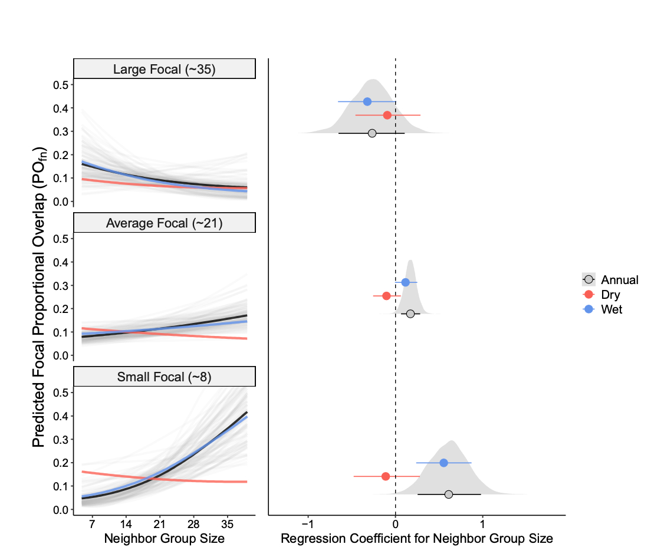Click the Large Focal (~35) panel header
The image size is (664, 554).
(165, 70)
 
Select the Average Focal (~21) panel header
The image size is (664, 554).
(165, 223)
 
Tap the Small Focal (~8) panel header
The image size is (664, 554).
(165, 377)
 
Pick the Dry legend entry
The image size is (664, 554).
(610, 295)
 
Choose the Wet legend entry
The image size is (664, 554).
(611, 309)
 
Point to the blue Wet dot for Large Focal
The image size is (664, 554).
(367, 101)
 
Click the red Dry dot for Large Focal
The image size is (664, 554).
(387, 115)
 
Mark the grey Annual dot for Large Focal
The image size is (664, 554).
(372, 133)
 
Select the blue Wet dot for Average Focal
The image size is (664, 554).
(405, 282)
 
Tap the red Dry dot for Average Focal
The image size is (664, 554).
(386, 296)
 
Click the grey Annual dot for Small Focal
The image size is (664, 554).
(449, 494)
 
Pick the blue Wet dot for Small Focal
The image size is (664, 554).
(443, 463)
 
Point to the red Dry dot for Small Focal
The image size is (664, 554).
(386, 476)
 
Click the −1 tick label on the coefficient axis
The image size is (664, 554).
(307, 523)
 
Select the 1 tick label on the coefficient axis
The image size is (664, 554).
(482, 523)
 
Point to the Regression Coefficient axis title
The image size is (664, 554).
(417, 538)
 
